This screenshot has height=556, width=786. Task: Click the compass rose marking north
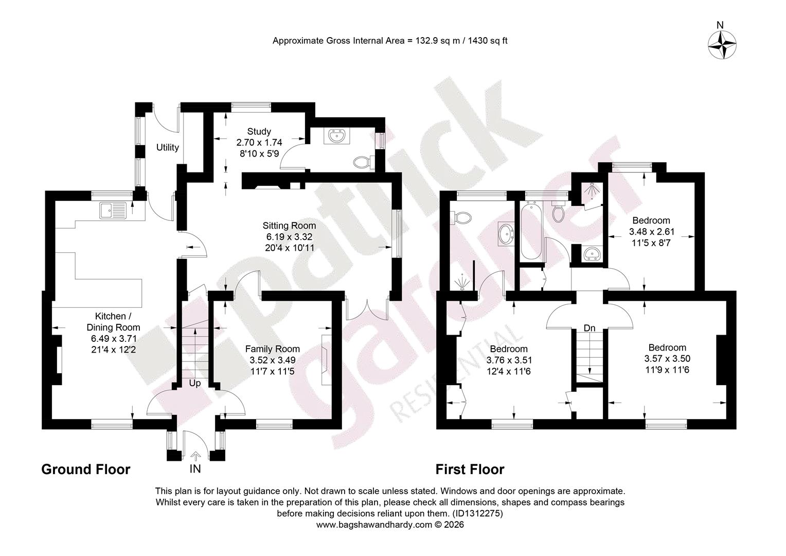[722, 45]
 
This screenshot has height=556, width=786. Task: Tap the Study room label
[259, 131]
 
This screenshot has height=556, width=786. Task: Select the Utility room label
[167, 148]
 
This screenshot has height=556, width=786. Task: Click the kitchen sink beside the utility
[113, 211]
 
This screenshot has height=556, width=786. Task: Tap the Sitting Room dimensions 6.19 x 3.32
[289, 237]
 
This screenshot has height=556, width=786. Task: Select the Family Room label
[272, 349]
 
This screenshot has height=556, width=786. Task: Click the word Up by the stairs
[195, 383]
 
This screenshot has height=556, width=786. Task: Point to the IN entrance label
[195, 469]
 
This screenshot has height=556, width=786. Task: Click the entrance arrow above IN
[195, 457]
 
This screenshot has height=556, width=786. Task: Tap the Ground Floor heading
[85, 469]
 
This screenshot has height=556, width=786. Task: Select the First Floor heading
[470, 469]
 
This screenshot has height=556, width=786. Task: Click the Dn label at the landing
[589, 328]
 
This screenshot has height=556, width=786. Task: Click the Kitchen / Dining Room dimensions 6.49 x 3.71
[113, 339]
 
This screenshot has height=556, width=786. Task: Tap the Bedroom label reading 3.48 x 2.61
[651, 220]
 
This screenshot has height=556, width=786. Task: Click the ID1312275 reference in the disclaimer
[477, 513]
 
